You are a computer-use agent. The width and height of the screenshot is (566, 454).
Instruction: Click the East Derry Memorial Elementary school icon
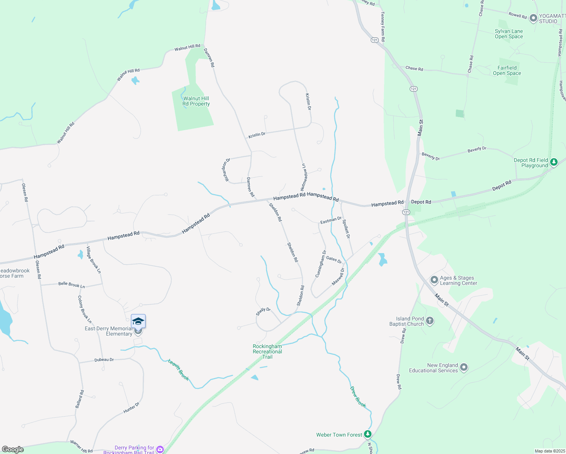click(138, 321)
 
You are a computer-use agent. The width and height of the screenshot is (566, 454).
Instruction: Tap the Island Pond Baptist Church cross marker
click(429, 321)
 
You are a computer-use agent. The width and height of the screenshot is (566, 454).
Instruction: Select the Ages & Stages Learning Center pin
click(434, 280)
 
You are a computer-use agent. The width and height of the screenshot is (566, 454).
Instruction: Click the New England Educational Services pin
click(464, 367)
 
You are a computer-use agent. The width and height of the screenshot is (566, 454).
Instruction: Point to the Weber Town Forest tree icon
click(367, 434)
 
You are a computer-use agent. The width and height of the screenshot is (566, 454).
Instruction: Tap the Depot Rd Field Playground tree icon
click(554, 162)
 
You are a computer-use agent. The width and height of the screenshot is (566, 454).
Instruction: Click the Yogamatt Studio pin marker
click(533, 18)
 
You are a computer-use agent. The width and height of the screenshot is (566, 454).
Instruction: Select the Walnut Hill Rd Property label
click(196, 101)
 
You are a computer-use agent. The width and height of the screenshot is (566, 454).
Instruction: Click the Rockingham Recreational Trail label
click(267, 351)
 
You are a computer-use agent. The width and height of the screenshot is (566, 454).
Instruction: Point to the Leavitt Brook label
click(179, 370)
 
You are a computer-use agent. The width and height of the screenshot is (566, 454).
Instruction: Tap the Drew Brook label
click(358, 396)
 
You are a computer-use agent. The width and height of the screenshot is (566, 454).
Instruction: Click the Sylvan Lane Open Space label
click(509, 34)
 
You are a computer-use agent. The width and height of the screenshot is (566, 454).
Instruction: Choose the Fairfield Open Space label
click(507, 71)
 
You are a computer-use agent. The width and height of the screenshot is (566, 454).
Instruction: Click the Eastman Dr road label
click(331, 220)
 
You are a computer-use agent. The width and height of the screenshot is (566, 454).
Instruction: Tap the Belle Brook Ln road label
click(72, 285)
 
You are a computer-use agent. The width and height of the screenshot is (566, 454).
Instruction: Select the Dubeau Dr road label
click(104, 360)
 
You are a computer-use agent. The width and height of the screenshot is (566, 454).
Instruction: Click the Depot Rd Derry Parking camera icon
click(160, 449)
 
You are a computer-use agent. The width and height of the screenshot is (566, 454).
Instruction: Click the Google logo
click(13, 449)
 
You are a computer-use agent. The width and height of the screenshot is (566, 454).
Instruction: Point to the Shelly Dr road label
click(263, 312)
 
